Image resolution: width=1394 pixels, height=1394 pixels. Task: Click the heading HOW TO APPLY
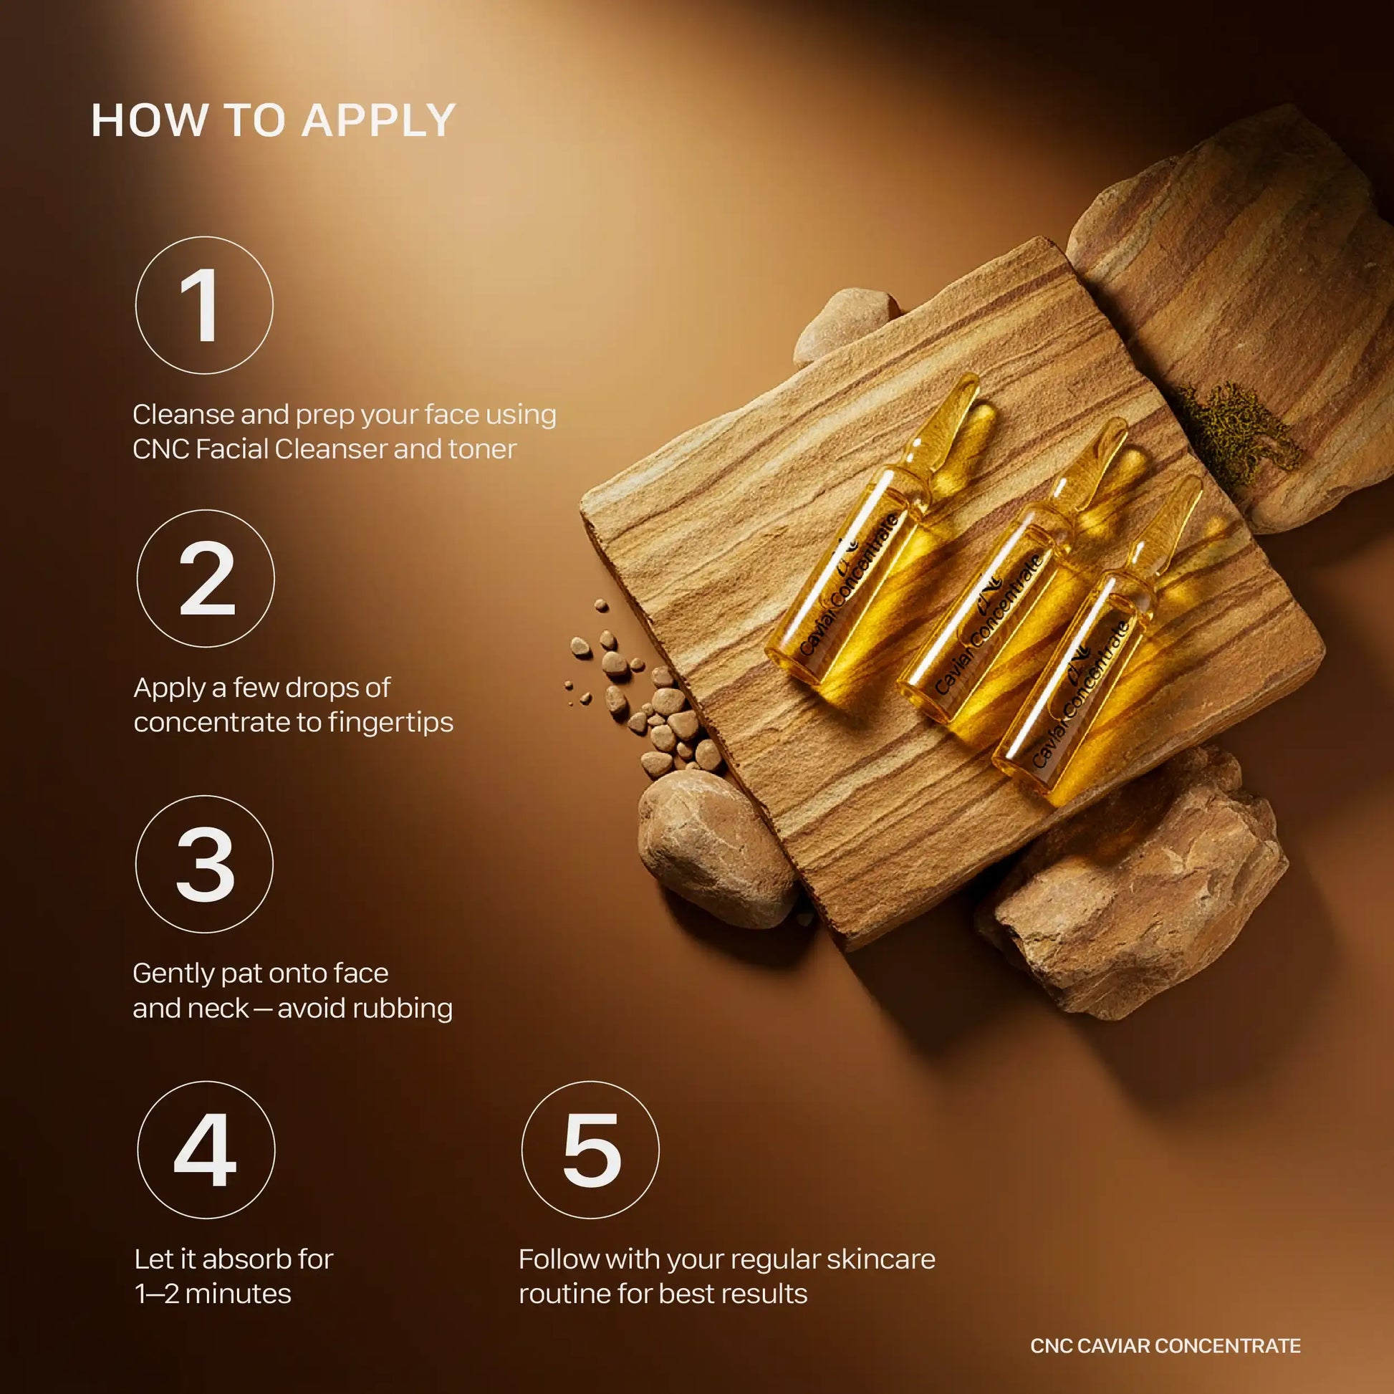click(x=274, y=120)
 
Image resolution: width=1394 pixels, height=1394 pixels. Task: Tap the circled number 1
click(x=204, y=305)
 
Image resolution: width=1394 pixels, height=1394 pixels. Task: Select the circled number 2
click(x=206, y=579)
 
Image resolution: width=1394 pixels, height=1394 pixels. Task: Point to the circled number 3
click(x=204, y=864)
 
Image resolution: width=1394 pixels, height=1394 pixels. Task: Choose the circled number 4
click(x=206, y=1150)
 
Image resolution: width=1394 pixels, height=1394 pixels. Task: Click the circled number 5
click(x=590, y=1150)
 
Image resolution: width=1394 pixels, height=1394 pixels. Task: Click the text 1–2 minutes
click(x=213, y=1294)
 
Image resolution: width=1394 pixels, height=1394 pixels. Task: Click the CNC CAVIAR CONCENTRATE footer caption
click(x=1165, y=1346)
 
